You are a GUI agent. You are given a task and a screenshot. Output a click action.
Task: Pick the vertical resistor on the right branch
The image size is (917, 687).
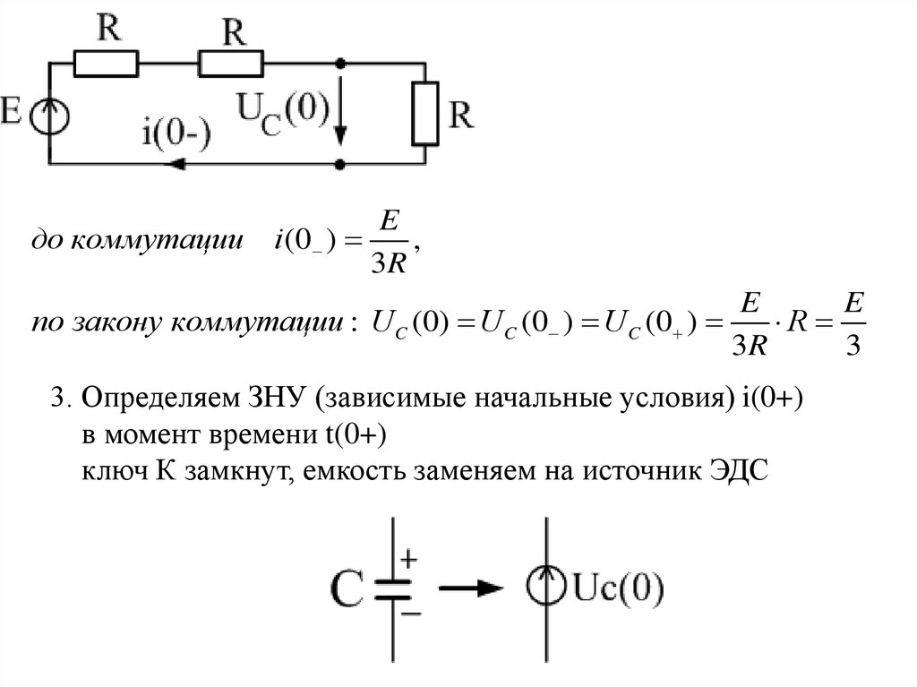click(x=424, y=114)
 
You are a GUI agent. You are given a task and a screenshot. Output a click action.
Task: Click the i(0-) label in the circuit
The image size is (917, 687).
click(x=176, y=131)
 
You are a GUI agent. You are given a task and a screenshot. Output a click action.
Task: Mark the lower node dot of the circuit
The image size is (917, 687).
click(x=340, y=165)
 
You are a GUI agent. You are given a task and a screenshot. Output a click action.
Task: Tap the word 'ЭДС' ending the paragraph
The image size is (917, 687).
click(x=738, y=472)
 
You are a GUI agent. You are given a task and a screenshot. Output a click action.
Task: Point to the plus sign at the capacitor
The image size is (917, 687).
click(x=408, y=560)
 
